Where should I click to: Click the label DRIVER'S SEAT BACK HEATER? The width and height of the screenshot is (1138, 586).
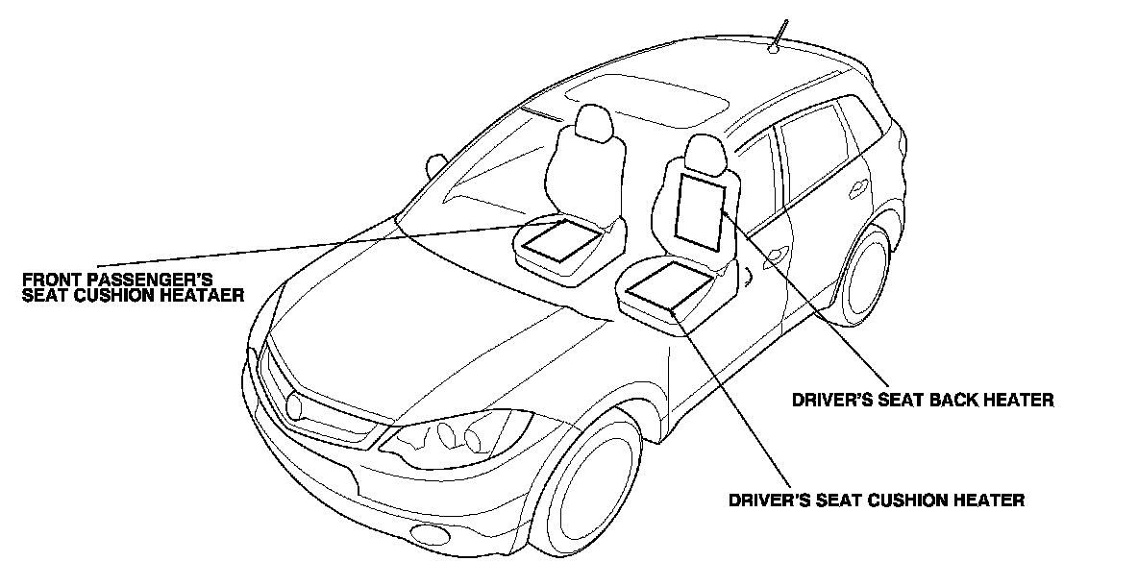click(922, 399)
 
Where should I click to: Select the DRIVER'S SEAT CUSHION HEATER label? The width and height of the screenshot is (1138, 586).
click(877, 500)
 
